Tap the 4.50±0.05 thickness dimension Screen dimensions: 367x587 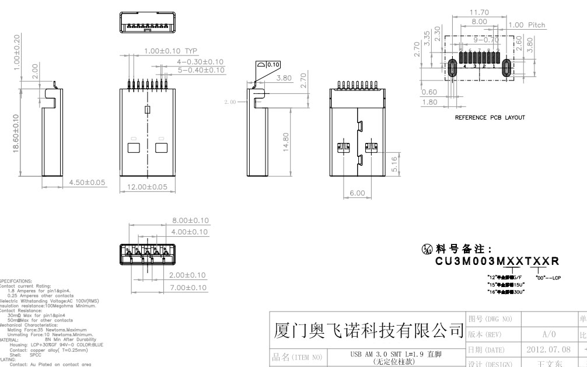(88, 183)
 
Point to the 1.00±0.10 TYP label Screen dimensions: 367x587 (172, 51)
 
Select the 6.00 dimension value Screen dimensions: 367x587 (357, 193)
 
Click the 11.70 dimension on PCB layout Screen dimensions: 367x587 (479, 12)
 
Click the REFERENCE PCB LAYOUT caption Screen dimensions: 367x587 (490, 117)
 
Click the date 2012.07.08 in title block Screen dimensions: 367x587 (546, 349)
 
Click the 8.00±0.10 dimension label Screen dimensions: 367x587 (189, 220)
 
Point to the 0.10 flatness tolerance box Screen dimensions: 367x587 (272, 65)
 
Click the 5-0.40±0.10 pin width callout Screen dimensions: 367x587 (201, 70)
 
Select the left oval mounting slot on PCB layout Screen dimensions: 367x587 (452, 68)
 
